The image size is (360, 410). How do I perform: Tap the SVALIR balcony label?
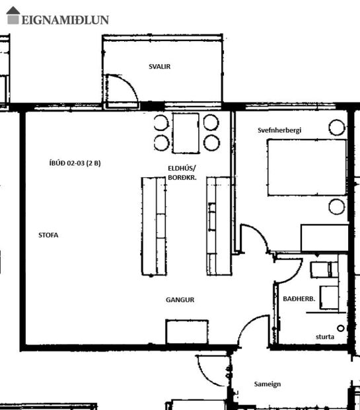tap(155, 66)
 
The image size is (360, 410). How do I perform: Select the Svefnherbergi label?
tap(279, 131)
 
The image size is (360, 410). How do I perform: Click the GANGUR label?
tap(180, 300)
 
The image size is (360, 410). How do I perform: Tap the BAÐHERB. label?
tap(298, 300)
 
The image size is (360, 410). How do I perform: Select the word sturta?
tap(324, 337)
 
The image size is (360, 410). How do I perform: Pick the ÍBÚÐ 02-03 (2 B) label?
tap(75, 164)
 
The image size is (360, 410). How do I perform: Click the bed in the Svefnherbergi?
tap(307, 167)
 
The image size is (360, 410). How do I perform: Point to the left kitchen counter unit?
tap(153, 226)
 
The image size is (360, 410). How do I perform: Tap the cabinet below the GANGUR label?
tap(186, 332)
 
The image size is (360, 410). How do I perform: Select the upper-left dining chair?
tap(161, 122)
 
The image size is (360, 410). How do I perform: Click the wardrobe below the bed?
tap(324, 238)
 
